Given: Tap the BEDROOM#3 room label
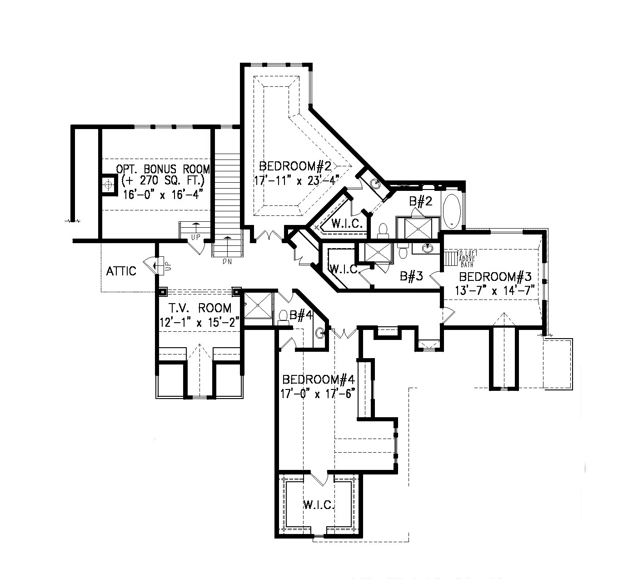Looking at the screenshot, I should pos(495,276).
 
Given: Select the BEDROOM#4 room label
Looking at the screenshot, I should pos(318,379).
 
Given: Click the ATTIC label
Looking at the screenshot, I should pos(121,271).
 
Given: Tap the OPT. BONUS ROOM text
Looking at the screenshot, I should pos(163,169).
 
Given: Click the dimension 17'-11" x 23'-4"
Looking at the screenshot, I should pos(297,180).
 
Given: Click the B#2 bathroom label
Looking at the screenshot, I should pos(420,201).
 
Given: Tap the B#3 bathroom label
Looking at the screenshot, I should pos(411,276).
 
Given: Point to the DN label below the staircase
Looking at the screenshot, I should pos(227,262).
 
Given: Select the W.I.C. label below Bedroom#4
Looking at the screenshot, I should pos(319,504).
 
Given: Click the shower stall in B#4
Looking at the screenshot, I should pos(258,307).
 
